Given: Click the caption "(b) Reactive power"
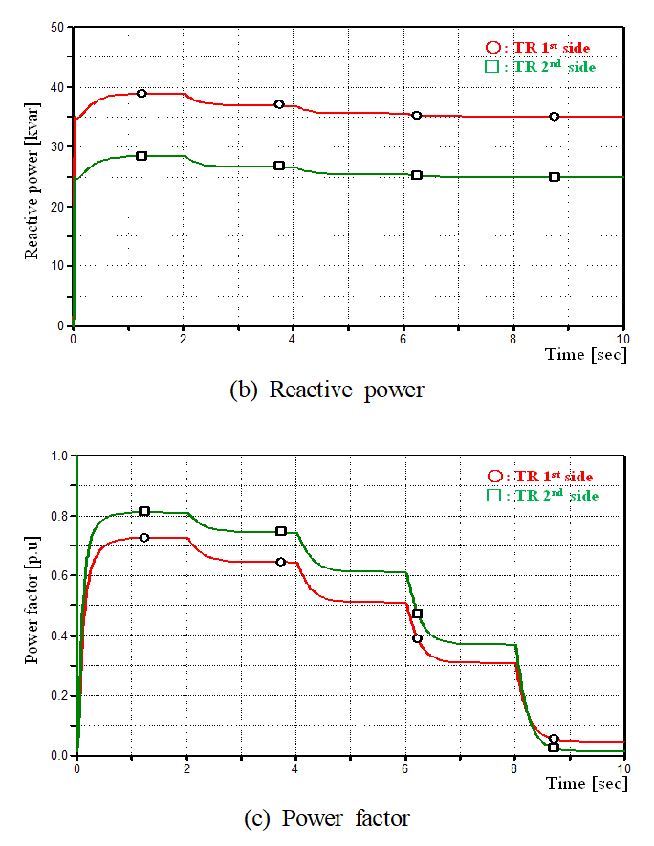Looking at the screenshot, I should (327, 390).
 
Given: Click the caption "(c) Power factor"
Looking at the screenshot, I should (326, 818).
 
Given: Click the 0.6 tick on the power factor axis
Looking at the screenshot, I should (56, 575).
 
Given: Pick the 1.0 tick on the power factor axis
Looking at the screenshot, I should (56, 456).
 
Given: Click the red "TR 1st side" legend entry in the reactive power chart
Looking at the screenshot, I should (542, 47).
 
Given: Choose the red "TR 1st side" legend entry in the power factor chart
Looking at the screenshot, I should (542, 477).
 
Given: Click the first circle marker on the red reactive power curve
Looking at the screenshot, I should (142, 93).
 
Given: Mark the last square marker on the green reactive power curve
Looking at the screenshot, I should (555, 177).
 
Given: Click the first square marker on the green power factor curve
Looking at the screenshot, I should (144, 511).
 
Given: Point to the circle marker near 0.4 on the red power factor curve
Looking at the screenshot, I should (417, 638).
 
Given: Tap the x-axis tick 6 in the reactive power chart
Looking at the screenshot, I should (404, 338).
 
